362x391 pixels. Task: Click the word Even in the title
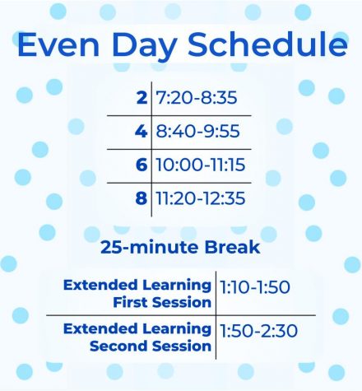[58, 44]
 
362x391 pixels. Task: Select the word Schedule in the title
[267, 44]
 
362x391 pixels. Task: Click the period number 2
[142, 97]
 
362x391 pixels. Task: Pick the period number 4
[141, 131]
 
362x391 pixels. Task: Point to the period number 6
[142, 165]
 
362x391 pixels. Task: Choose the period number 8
[142, 198]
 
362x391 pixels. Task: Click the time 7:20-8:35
[197, 97]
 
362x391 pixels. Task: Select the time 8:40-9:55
[197, 131]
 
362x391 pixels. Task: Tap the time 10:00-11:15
[200, 165]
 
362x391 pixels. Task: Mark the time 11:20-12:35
[200, 198]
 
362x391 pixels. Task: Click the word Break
[232, 247]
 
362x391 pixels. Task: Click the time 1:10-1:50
[255, 287]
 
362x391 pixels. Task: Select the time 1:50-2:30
[258, 331]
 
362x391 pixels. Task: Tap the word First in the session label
[130, 302]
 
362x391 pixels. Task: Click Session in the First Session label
[182, 302]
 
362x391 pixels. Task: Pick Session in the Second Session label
[182, 346]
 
